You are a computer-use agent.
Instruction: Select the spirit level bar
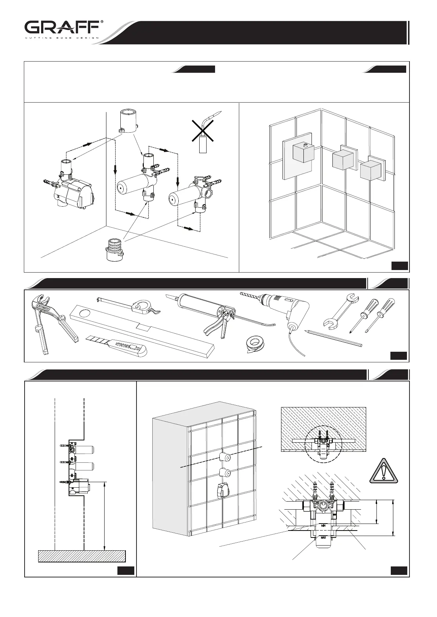click(143, 330)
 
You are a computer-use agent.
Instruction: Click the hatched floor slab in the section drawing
click(82, 556)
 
